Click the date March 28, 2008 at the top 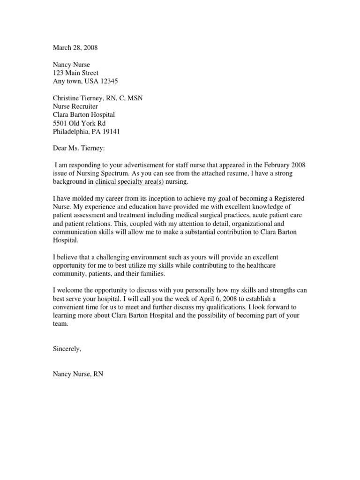75,48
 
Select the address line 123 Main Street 75,73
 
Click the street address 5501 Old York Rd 79,123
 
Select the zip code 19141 111,132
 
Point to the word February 284,165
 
